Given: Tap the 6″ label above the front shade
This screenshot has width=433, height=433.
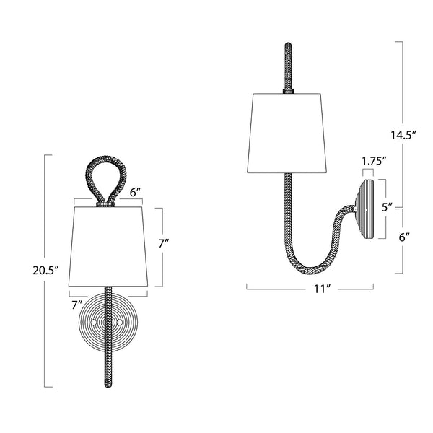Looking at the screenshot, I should pyautogui.click(x=135, y=193).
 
